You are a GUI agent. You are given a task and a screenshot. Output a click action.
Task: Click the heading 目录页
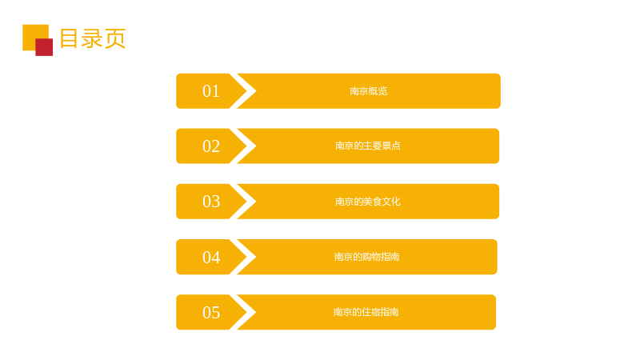(93, 38)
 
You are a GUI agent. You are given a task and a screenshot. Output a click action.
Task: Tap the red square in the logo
(44, 47)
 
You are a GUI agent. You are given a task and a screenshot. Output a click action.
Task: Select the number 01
(211, 91)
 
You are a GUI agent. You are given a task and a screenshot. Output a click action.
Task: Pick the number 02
(211, 146)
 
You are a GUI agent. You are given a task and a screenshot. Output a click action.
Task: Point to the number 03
(211, 202)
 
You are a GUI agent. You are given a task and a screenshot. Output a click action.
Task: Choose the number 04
(211, 257)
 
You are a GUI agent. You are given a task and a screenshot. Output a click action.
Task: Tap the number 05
(211, 313)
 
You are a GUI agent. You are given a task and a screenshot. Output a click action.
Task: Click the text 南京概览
(369, 91)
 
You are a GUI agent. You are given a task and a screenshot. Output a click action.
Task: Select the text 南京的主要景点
(368, 146)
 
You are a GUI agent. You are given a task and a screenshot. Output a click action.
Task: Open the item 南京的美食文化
(368, 202)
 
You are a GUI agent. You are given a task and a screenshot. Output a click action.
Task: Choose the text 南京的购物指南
(366, 257)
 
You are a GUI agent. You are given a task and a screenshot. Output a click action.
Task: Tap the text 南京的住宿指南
(366, 312)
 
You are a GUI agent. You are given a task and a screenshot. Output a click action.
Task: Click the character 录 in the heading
(92, 38)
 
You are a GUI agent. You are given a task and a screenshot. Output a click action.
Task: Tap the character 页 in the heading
(115, 38)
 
